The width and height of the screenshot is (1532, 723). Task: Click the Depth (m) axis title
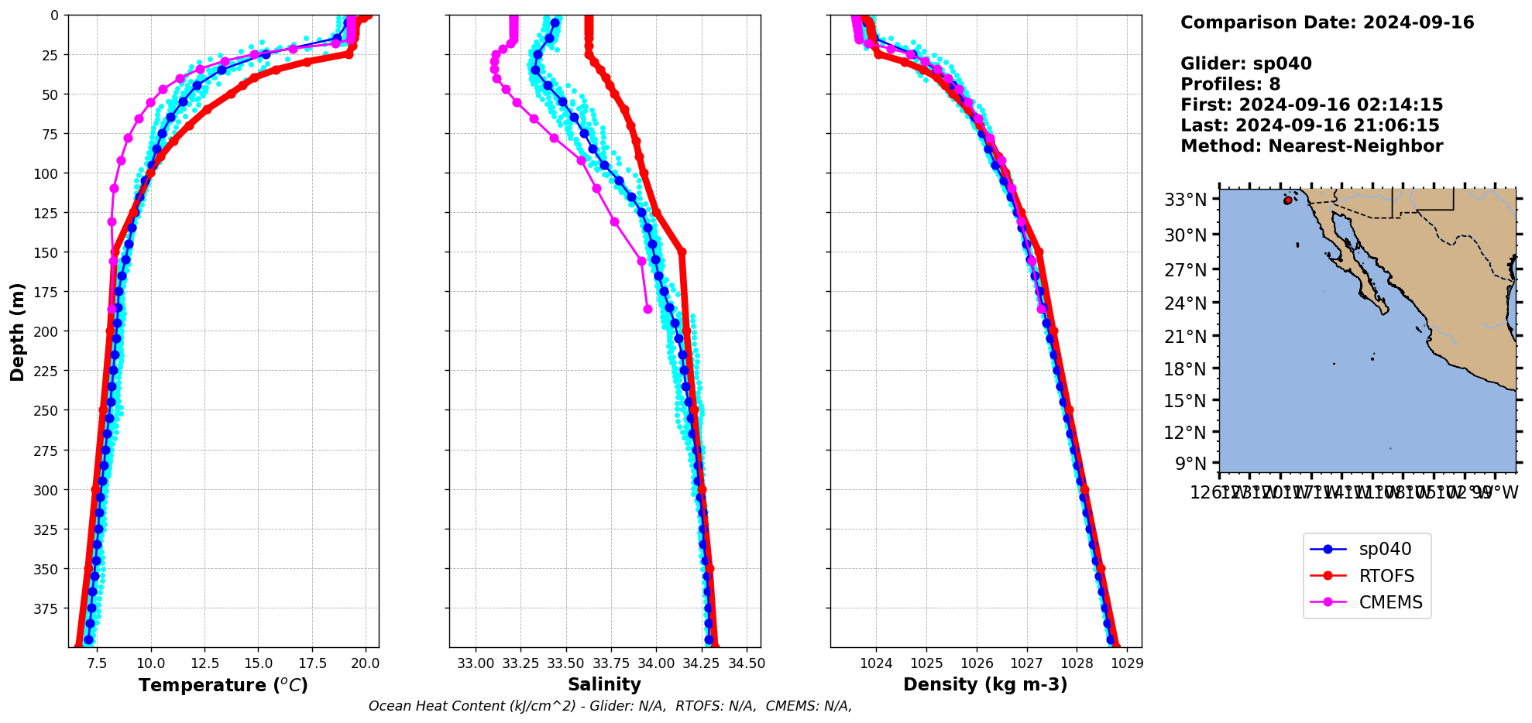point(17,331)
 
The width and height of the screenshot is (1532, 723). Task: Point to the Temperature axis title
point(223,685)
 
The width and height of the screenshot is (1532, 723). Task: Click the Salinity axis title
point(604,684)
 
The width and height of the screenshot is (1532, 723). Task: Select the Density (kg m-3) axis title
point(985,684)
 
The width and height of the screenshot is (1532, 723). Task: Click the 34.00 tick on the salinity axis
point(656,663)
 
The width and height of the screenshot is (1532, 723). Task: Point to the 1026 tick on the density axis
point(977,663)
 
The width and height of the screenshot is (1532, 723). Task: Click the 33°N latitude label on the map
point(1186,200)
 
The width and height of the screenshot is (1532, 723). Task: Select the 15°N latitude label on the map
point(1186,401)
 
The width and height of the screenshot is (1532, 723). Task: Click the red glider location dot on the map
point(1287,200)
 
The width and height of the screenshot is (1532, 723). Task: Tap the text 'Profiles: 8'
point(1230,84)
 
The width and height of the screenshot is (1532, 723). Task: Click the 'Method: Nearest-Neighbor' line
point(1311,146)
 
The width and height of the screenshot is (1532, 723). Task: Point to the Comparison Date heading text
point(1327,22)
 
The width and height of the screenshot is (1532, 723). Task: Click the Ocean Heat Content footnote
point(610,706)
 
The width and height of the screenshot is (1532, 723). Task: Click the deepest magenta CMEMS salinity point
point(647,309)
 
